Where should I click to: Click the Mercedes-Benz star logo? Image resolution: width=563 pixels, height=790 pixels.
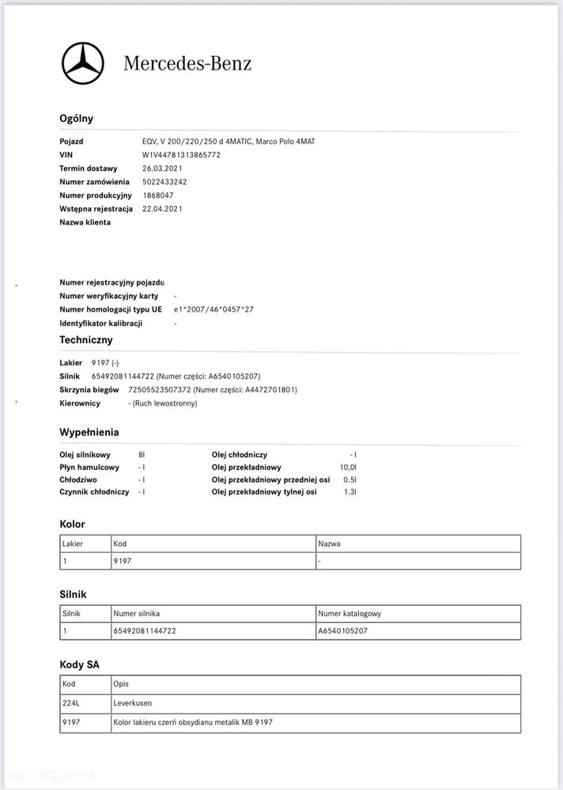coord(82,63)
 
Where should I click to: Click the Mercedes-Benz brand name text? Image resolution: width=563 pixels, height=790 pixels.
coord(187,63)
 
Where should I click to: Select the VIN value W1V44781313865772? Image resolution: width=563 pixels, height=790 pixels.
coord(181,155)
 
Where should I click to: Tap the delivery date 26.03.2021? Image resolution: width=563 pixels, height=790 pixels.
coord(162,168)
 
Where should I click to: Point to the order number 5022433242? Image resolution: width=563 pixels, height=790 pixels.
coord(164,182)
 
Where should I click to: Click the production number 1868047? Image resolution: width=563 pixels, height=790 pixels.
coord(158,195)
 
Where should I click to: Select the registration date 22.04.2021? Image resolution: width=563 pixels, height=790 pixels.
coord(162,209)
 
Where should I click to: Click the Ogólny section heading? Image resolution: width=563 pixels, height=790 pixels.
coord(76,119)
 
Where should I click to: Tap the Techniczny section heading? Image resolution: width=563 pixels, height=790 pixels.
coord(86,340)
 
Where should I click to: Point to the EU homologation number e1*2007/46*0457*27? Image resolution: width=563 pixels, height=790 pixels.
coord(213,309)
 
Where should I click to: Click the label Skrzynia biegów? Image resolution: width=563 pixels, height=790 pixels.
coord(89,390)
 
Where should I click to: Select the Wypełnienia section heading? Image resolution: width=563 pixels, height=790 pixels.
coord(89,433)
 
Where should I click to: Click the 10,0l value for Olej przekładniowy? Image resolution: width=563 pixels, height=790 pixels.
coord(348,467)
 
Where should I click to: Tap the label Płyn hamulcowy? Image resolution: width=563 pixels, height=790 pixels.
coord(89,467)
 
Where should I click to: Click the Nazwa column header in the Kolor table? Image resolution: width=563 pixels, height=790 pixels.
coord(329,544)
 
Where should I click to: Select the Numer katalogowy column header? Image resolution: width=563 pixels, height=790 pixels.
coord(351,614)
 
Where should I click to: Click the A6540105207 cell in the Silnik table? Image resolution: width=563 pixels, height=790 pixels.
coord(342,631)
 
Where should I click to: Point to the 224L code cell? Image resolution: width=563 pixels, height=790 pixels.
coord(72,702)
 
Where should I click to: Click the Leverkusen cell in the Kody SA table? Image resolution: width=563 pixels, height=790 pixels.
coord(133,702)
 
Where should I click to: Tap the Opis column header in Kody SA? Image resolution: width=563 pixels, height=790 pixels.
coord(121,684)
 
